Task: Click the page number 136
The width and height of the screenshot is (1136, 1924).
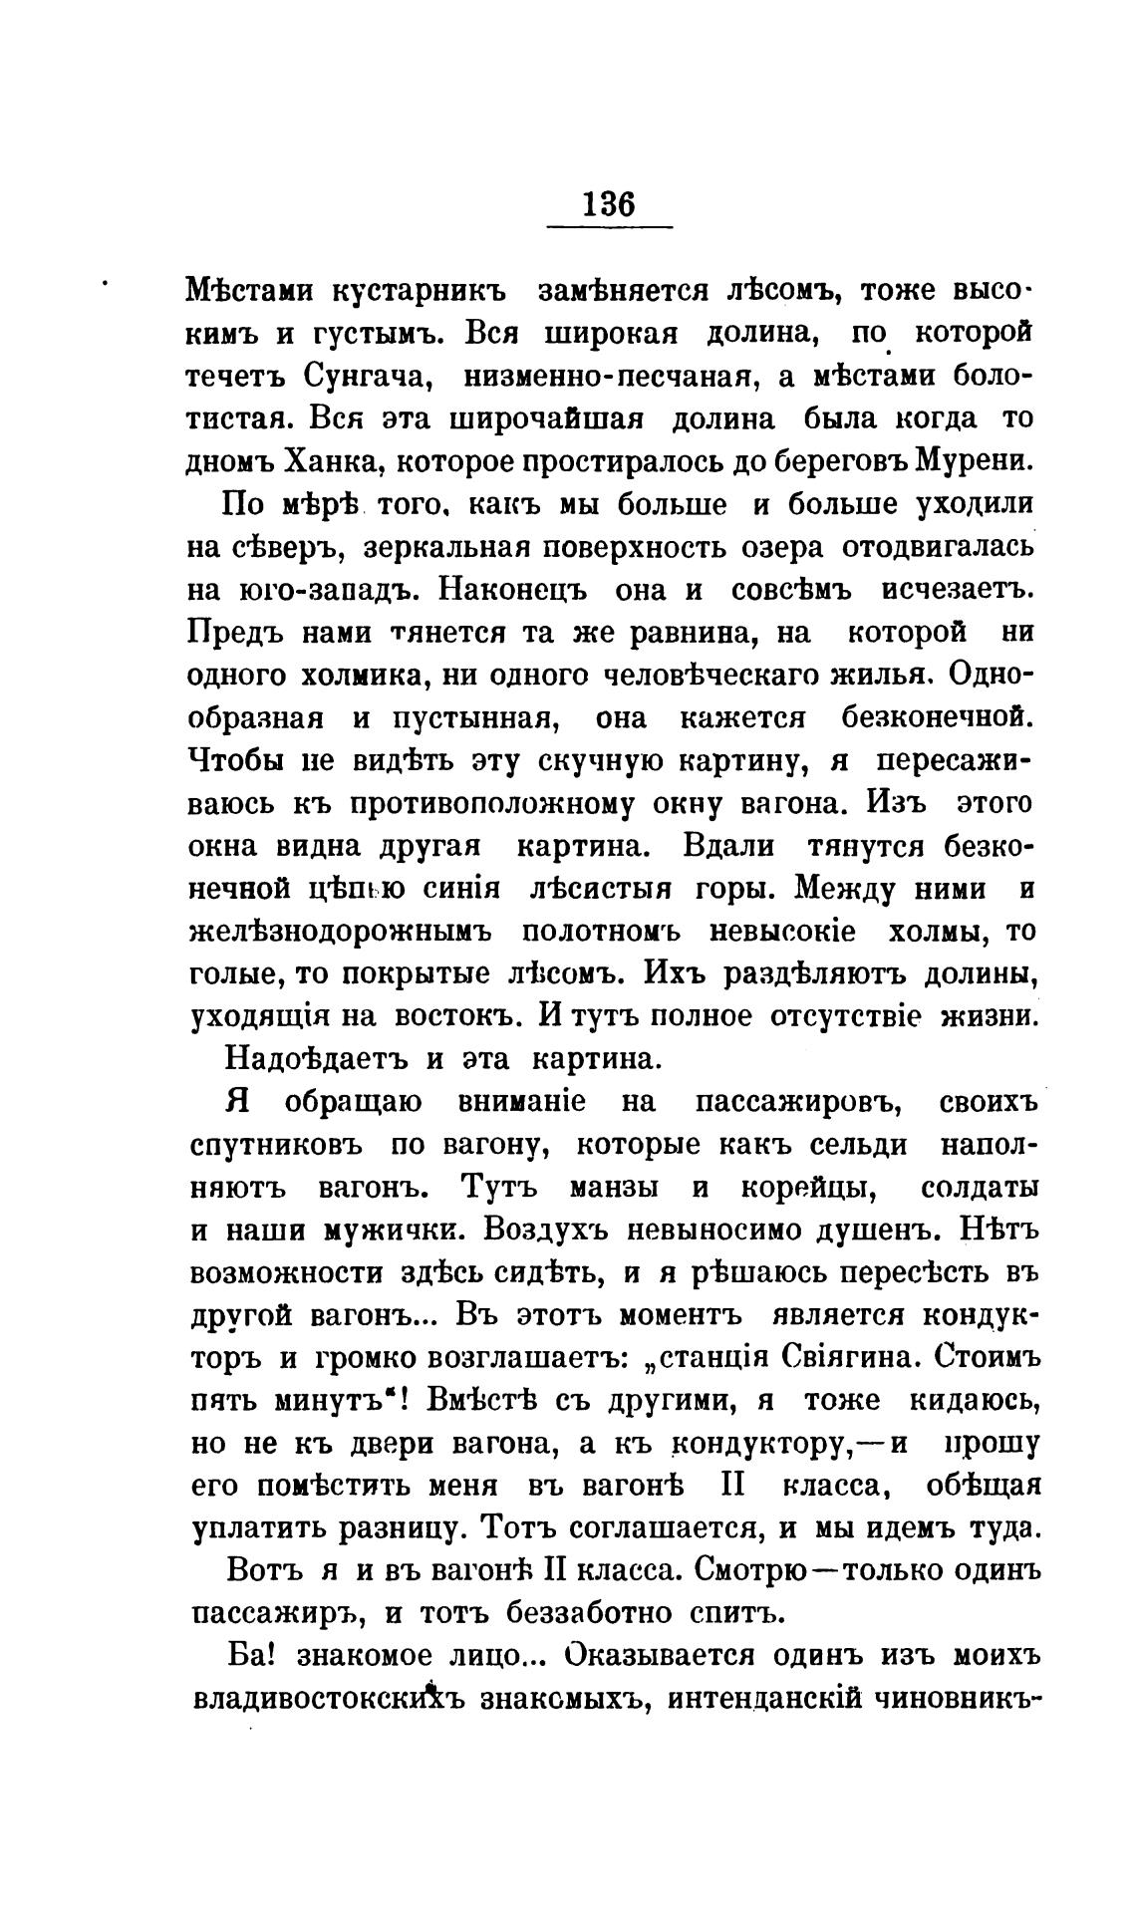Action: pos(609,204)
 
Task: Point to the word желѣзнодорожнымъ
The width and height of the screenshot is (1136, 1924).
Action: pos(341,932)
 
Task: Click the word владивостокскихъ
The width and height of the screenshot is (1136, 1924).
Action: pos(330,1699)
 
